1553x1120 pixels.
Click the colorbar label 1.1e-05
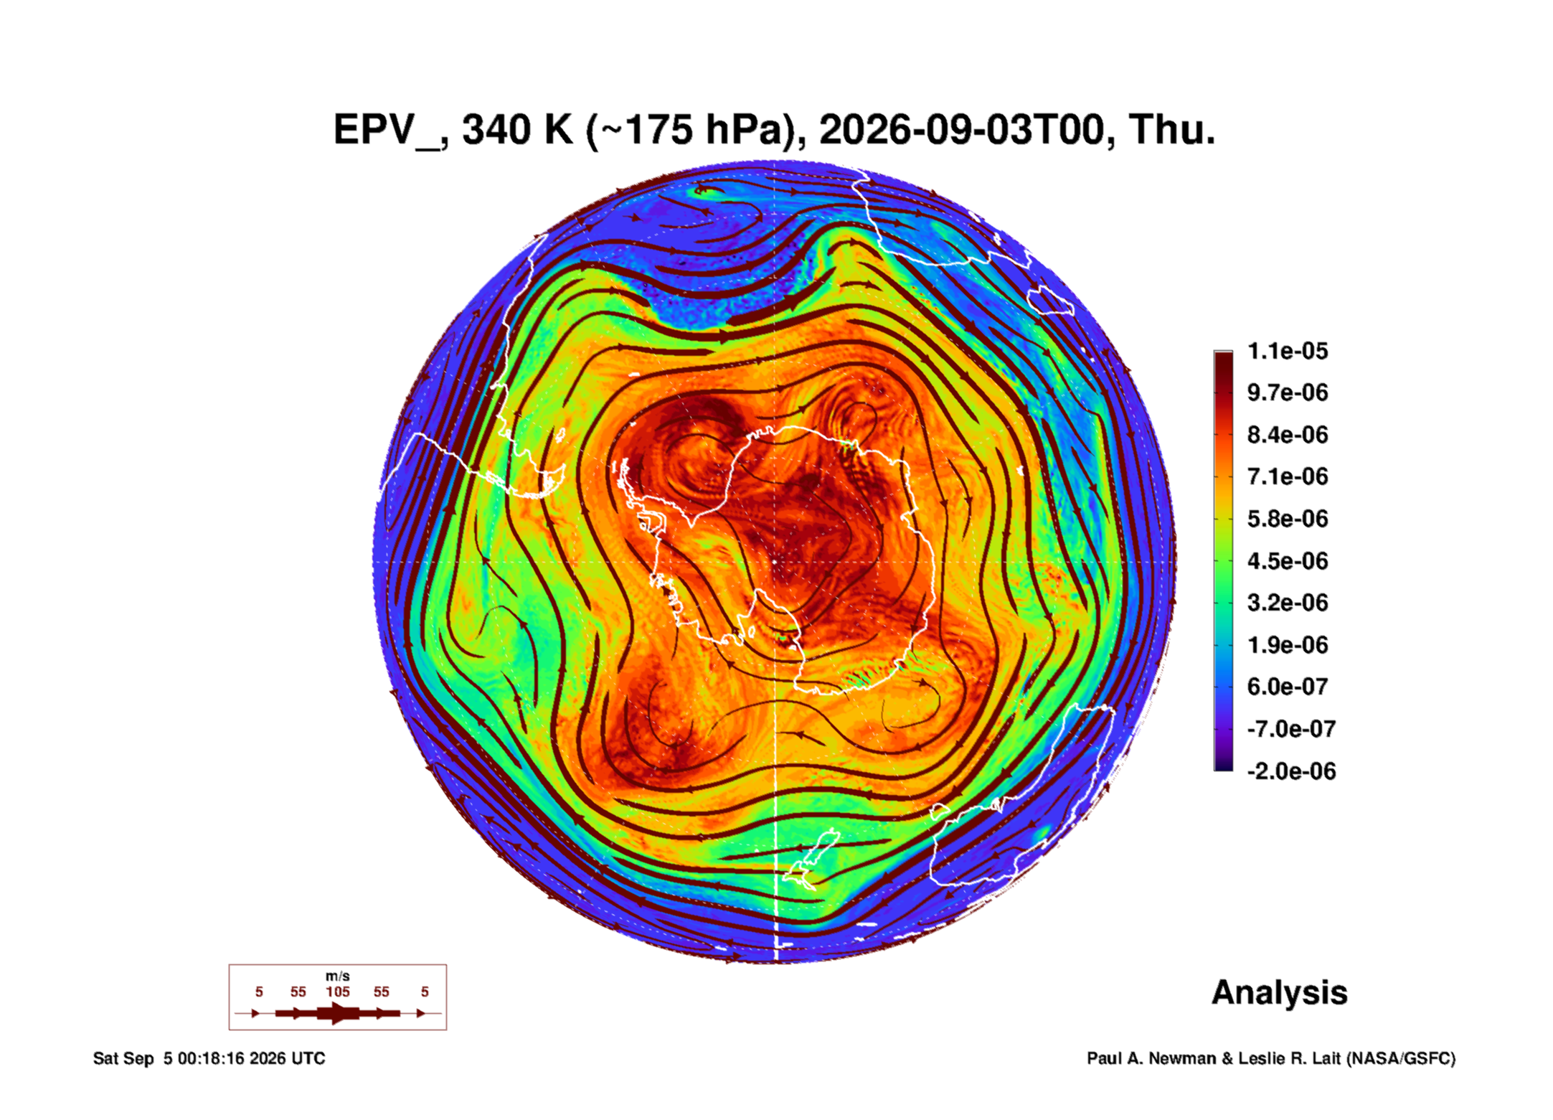[1288, 351]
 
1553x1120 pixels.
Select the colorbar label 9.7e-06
[1288, 392]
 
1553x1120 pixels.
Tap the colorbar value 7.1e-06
[1288, 476]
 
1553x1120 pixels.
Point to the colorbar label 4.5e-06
[1288, 560]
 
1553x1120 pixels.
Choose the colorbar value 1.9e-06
[1288, 644]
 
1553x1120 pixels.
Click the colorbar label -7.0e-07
[1291, 729]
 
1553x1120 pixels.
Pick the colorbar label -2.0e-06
[1291, 771]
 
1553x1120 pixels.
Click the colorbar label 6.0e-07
[1288, 687]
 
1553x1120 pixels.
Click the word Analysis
[1280, 994]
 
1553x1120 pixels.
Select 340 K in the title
[517, 130]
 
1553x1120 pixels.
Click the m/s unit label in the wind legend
[338, 976]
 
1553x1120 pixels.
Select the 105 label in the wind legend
[338, 992]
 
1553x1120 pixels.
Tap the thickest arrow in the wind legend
[338, 1013]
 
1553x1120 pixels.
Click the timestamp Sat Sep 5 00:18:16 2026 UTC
[209, 1058]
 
